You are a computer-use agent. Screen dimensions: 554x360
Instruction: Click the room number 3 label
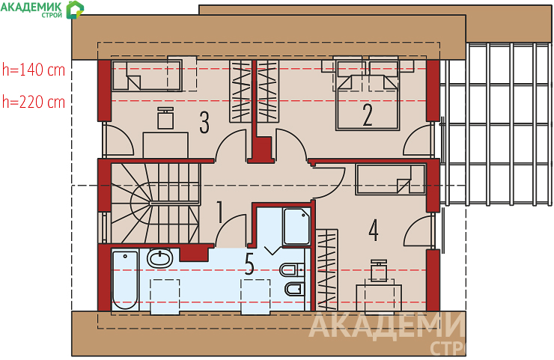[x=204, y=122]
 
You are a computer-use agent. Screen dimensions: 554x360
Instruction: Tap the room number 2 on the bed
[x=368, y=115]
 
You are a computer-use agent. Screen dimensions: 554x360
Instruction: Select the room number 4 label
[x=374, y=230]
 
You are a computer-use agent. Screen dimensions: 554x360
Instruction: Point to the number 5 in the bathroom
[x=249, y=264]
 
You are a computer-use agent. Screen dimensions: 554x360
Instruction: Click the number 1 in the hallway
[x=220, y=212]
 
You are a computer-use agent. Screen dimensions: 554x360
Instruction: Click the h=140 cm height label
[x=34, y=70]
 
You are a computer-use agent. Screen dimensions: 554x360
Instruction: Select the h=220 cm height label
[x=34, y=102]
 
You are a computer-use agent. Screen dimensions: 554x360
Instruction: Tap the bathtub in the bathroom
[x=125, y=280]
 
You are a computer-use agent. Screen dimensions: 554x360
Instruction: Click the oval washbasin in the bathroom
[x=159, y=258]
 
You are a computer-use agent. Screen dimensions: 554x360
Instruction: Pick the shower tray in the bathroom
[x=296, y=226]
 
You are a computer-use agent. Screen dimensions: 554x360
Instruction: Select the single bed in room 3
[x=147, y=76]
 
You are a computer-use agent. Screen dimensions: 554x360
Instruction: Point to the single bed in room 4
[x=391, y=180]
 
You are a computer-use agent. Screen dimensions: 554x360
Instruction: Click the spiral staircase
[x=156, y=203]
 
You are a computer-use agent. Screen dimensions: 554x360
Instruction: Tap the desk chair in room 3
[x=165, y=118]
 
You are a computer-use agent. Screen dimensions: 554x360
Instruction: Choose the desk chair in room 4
[x=379, y=270]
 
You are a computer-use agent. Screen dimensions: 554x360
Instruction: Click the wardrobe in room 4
[x=327, y=270]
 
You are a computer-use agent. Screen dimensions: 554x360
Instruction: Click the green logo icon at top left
[x=76, y=10]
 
